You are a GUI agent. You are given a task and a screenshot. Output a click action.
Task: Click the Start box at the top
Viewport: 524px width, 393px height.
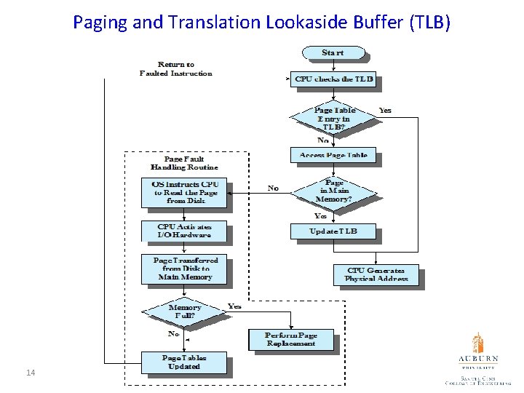point(333,53)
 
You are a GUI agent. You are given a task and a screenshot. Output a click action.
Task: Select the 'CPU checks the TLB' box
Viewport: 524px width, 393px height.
point(333,79)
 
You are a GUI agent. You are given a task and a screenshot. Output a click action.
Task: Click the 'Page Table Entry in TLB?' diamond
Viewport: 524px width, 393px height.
point(333,119)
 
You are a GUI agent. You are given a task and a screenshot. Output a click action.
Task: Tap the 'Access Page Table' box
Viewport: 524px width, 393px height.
point(333,155)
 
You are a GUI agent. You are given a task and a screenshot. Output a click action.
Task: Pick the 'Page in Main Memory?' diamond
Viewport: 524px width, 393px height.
point(333,191)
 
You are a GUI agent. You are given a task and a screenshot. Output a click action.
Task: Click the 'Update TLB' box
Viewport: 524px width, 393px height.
point(333,231)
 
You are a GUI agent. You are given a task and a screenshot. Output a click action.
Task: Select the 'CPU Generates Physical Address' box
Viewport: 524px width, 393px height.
point(376,274)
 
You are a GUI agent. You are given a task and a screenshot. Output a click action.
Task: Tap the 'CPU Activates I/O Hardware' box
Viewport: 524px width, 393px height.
point(184,231)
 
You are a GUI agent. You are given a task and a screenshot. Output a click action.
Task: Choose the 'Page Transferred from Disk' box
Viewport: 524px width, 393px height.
point(184,269)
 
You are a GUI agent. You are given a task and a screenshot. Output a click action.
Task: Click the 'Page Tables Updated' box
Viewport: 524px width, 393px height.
point(184,362)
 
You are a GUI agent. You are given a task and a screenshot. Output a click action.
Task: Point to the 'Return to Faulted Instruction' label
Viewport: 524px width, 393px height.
point(175,69)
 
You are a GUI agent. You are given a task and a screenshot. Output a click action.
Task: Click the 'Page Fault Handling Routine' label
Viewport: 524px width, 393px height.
point(183,163)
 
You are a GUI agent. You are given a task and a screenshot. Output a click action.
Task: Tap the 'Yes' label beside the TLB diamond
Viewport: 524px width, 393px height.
point(384,111)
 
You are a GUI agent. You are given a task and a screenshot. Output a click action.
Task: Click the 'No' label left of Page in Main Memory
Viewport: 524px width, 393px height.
point(273,188)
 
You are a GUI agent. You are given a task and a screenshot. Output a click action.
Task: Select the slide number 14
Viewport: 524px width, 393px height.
point(31,373)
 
